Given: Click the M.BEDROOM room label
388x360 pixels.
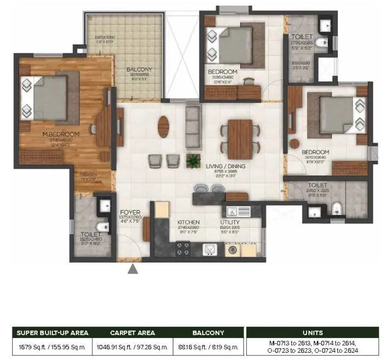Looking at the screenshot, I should (x=61, y=134).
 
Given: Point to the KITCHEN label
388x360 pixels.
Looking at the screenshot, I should (x=188, y=222).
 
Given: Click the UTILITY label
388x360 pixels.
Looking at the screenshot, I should (x=229, y=222).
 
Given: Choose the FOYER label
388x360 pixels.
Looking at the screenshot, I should (x=130, y=212).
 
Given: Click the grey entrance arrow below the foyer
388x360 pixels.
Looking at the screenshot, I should (x=133, y=269).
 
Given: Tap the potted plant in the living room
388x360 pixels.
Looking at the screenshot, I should (x=193, y=160).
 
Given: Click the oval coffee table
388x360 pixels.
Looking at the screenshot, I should (x=163, y=126).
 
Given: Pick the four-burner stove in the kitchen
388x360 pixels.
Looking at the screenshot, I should (x=183, y=249).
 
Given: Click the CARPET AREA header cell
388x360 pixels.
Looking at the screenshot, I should (x=133, y=333).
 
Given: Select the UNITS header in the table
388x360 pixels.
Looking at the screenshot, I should (x=313, y=333).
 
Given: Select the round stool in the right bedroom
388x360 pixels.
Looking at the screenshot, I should (x=295, y=143).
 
